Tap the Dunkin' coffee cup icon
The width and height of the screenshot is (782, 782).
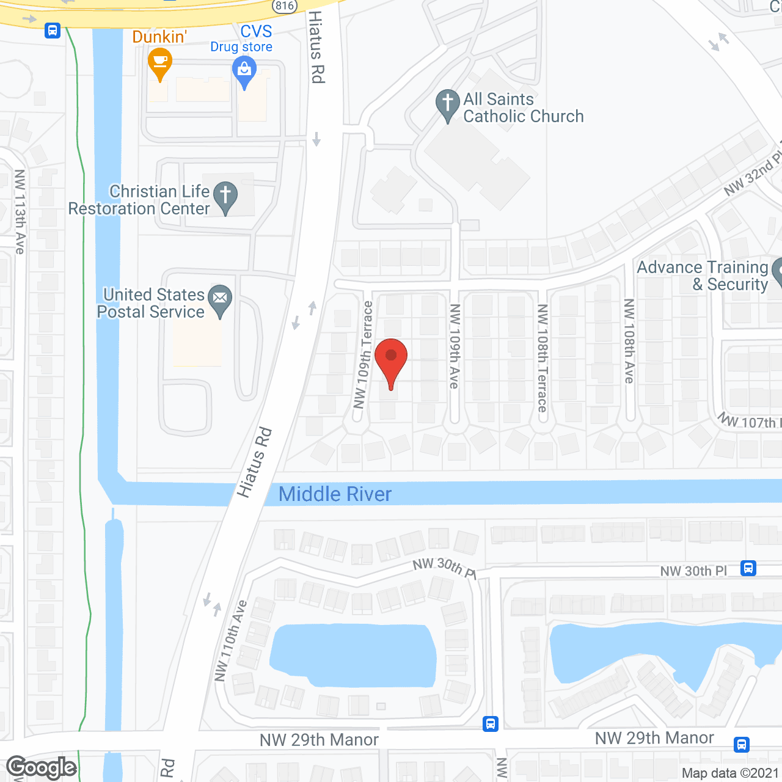[x=160, y=62]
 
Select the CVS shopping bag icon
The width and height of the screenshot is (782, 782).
[x=244, y=71]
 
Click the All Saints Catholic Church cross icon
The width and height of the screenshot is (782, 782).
[x=448, y=104]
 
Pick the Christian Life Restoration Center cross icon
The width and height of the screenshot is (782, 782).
[x=225, y=196]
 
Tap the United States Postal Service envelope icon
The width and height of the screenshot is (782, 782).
[x=220, y=299]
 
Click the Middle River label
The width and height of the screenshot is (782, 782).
[x=335, y=494]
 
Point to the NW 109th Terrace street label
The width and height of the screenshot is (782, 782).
[x=363, y=355]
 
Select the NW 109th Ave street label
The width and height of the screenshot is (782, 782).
[x=455, y=346]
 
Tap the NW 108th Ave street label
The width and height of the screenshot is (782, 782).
[x=629, y=341]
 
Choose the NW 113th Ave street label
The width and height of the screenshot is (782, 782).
[x=20, y=211]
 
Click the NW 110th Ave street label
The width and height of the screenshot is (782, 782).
[x=230, y=640]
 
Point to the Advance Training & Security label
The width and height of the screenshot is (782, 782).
[x=703, y=276]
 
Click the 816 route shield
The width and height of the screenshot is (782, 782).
[x=285, y=5]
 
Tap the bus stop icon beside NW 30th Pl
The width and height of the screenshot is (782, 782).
[x=748, y=568]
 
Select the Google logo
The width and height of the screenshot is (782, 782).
[x=42, y=767]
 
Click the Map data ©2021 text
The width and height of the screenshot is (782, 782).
[x=730, y=773]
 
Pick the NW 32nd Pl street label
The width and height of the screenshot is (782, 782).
[x=752, y=175]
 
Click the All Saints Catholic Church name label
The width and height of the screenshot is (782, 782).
[x=523, y=108]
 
